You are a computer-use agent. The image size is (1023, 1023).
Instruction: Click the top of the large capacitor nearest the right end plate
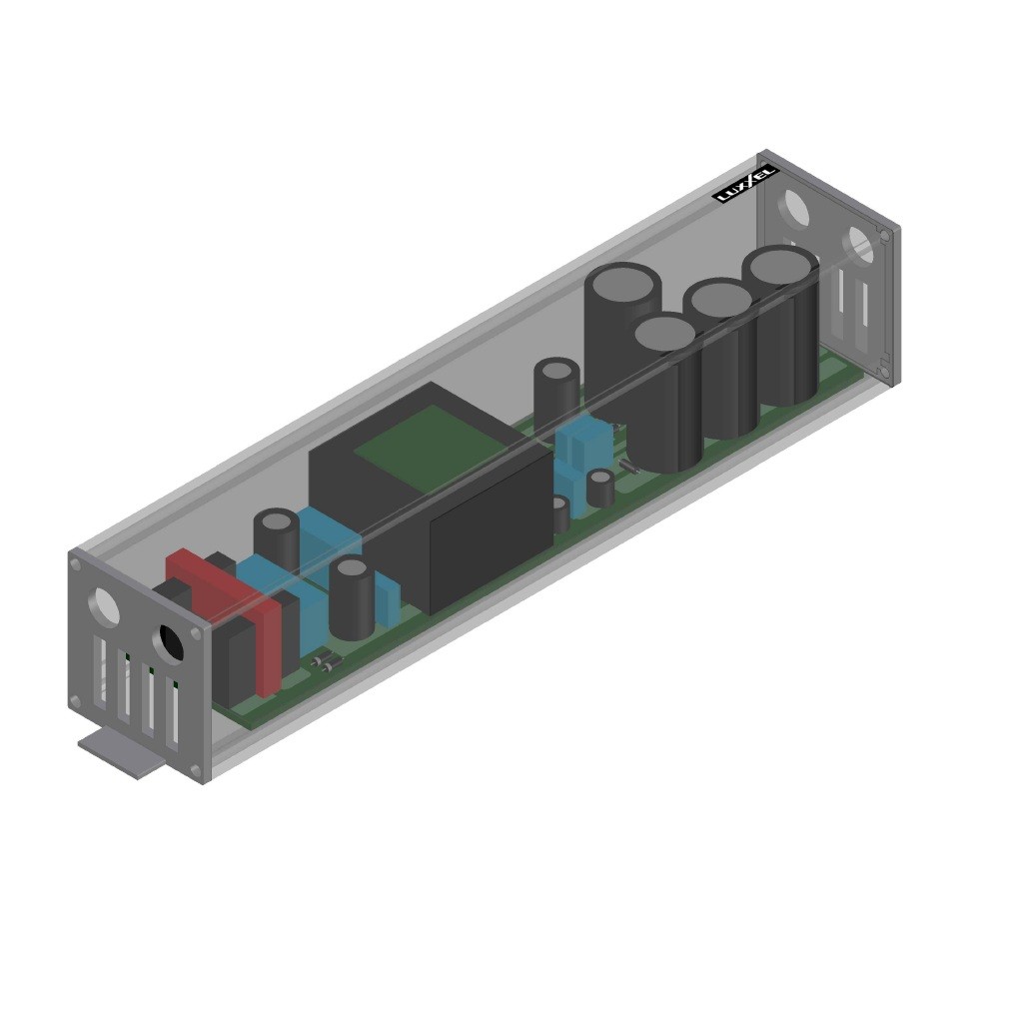[780, 267]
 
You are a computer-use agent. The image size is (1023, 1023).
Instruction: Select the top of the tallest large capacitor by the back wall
[621, 284]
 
